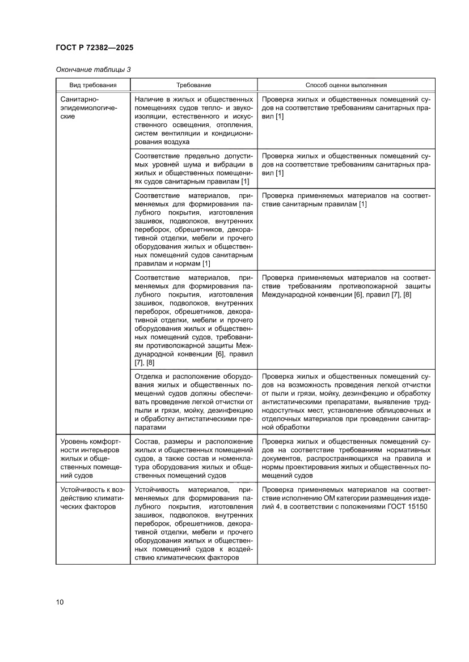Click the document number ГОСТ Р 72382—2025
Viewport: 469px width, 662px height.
click(x=95, y=48)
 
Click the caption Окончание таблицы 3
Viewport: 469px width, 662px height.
click(x=93, y=70)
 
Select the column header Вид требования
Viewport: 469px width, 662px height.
click(x=93, y=85)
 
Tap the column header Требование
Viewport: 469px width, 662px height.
click(x=193, y=85)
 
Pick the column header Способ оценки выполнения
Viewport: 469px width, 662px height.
click(x=346, y=85)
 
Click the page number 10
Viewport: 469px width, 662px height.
click(x=60, y=602)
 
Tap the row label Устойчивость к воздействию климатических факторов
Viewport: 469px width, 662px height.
click(x=91, y=498)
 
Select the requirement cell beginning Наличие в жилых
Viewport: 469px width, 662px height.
click(x=193, y=121)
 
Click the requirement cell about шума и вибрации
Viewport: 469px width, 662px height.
click(x=193, y=168)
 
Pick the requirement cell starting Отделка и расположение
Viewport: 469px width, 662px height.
click(x=193, y=402)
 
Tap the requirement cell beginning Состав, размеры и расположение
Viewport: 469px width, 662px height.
click(x=193, y=458)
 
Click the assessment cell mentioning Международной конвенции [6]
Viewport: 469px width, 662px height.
click(x=346, y=287)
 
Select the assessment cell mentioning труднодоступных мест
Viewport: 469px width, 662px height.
click(x=346, y=402)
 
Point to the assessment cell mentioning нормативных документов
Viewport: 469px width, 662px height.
click(x=346, y=458)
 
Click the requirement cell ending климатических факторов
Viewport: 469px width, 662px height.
click(x=193, y=524)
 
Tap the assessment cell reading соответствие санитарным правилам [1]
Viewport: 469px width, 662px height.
click(x=346, y=200)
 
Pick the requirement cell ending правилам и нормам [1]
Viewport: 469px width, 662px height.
click(x=193, y=229)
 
